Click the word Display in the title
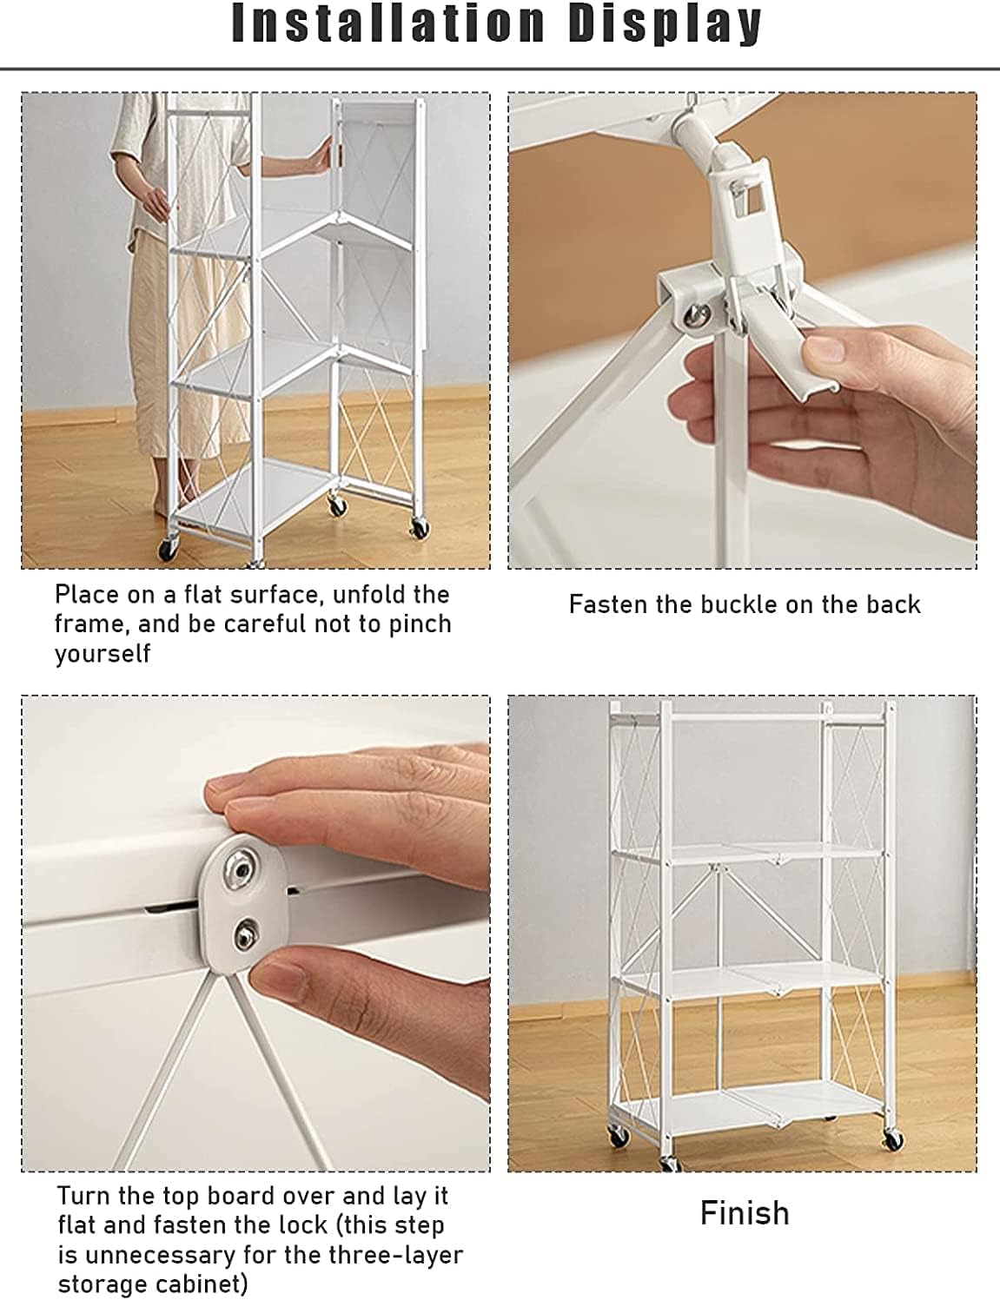[665, 25]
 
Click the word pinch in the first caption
[421, 624]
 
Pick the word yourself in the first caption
[103, 654]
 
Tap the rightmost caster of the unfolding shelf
[421, 528]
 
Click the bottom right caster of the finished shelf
[893, 1140]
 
